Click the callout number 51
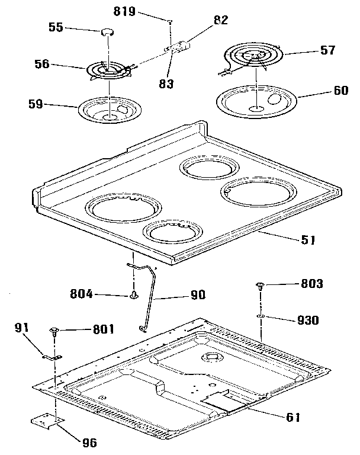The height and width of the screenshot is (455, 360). tap(308, 240)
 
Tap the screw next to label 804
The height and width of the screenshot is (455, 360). tap(135, 293)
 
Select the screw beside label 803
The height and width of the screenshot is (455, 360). tap(260, 287)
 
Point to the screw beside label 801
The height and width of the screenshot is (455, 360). tap(55, 329)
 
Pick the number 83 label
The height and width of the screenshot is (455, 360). tap(167, 84)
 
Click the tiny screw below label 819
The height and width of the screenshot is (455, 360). tap(170, 21)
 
